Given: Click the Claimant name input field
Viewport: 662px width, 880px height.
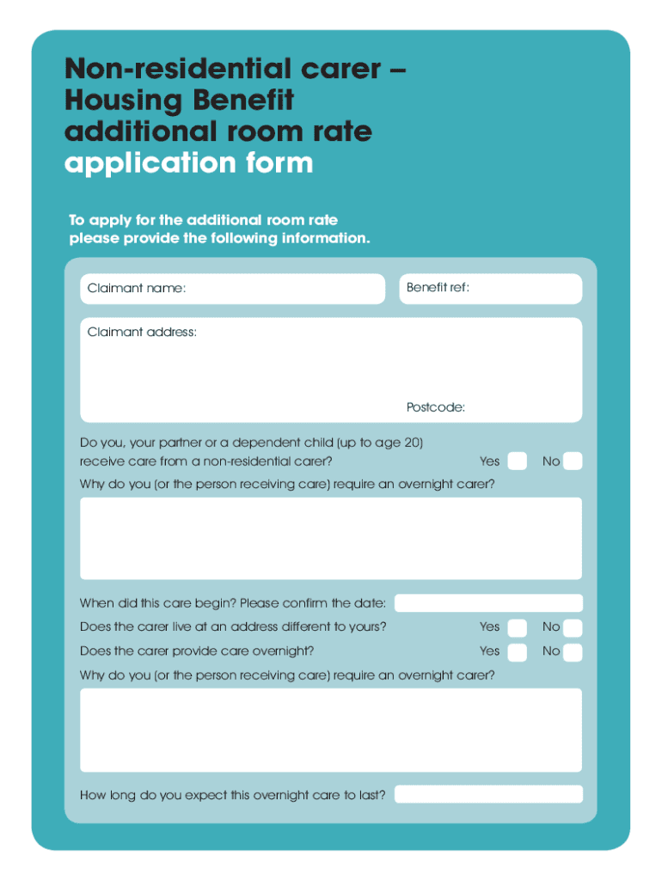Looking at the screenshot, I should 284,289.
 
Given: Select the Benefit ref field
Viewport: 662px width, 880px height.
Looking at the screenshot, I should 524,289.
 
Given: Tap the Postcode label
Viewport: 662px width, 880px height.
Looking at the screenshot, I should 436,407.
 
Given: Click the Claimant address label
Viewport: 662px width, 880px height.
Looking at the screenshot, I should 142,332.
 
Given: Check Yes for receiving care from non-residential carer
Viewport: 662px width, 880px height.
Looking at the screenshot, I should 517,461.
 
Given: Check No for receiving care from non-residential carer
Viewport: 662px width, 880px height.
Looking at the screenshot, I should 573,461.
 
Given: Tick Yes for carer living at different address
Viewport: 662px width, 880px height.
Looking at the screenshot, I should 517,627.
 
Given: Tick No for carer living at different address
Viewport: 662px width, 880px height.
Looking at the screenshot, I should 573,627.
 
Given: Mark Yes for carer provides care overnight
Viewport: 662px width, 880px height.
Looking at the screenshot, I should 517,651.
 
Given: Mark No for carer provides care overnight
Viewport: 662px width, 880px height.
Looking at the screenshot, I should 573,651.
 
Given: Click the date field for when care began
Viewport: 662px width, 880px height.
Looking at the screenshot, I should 487,603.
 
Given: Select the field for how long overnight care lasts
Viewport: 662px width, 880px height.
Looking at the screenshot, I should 487,795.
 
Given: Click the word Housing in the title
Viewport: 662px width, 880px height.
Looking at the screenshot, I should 123,101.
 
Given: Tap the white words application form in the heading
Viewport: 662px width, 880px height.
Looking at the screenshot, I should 189,162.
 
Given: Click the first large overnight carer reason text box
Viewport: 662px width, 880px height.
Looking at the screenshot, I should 331,538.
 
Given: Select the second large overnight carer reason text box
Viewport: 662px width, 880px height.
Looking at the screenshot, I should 331,730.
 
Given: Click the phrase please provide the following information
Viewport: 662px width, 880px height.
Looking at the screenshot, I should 219,238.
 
